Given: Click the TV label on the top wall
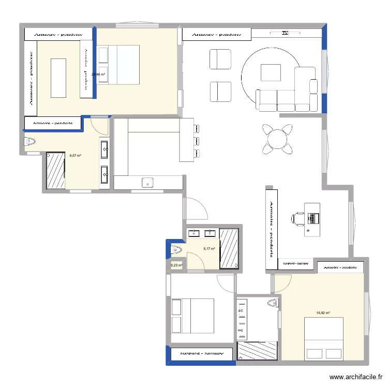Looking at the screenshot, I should (285, 33).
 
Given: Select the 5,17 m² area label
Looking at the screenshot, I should (209, 249).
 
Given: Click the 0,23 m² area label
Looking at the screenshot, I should (176, 265).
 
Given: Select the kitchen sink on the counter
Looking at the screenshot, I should (148, 182).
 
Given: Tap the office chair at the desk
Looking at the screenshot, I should (299, 218).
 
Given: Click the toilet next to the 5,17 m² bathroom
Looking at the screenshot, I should (176, 250).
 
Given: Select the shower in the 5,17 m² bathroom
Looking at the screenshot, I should (229, 248).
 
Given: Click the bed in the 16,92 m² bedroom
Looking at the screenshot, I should (324, 338).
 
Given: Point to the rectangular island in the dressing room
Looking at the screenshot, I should (58, 78).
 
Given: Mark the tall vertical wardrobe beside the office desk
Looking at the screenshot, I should (272, 228).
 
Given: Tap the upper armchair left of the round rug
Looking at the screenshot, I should (220, 59).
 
